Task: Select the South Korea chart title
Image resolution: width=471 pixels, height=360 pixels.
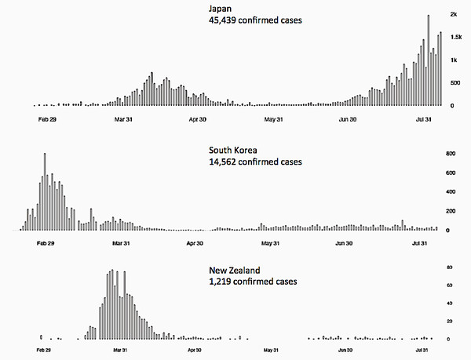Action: [x=234, y=149]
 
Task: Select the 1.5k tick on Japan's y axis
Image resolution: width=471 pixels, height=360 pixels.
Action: [x=454, y=37]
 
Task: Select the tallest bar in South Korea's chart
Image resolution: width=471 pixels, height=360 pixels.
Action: [x=46, y=191]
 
